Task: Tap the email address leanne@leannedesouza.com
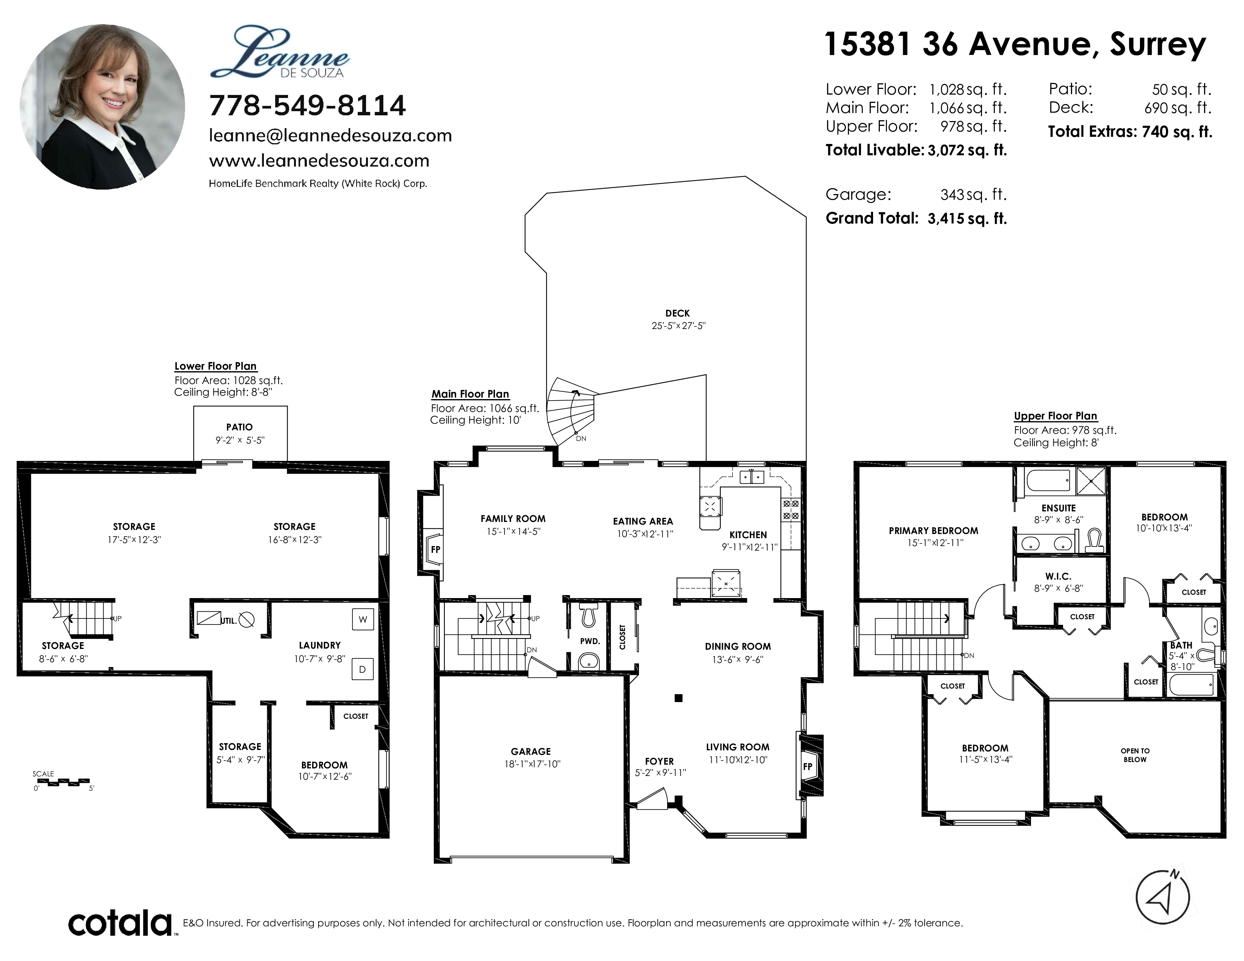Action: point(330,136)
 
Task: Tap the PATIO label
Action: point(239,427)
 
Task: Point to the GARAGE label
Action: point(531,751)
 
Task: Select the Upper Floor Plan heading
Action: point(1056,416)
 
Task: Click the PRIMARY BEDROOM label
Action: point(934,531)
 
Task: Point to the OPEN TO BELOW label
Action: point(1135,755)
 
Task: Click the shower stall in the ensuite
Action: point(1091,482)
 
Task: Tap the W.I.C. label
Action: point(1058,577)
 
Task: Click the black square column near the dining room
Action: point(679,698)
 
